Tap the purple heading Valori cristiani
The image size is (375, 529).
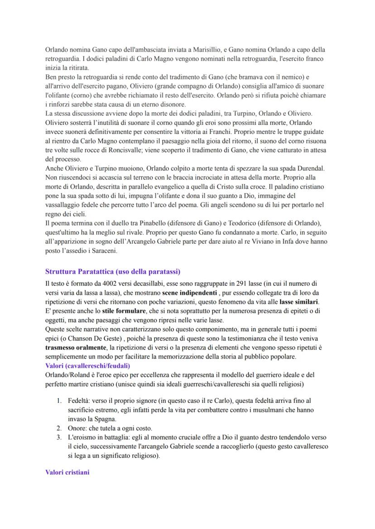(67, 472)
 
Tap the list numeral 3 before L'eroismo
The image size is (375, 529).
(59, 437)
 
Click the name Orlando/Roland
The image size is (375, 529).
(70, 375)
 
